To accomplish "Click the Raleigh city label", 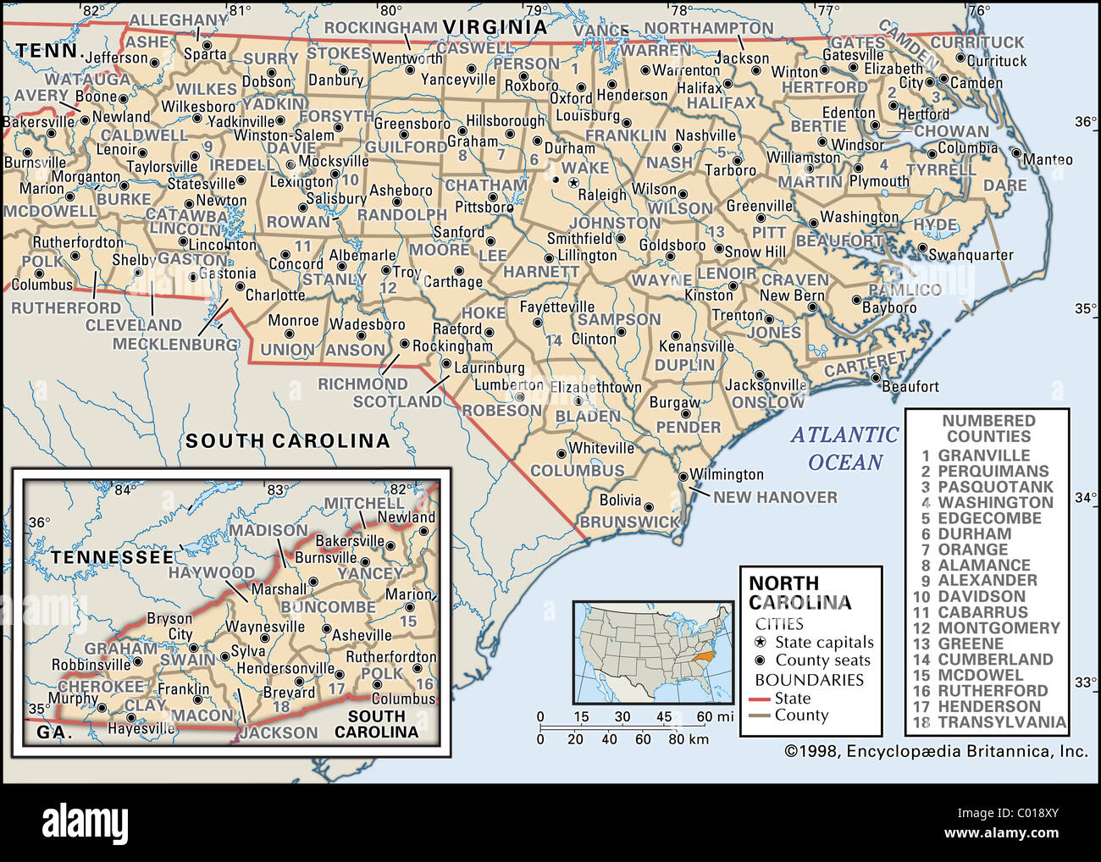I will pyautogui.click(x=602, y=195).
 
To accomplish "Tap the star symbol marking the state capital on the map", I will pyautogui.click(x=573, y=182).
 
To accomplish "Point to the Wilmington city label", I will pyautogui.click(x=726, y=474).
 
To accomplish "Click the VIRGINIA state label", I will pyautogui.click(x=495, y=27).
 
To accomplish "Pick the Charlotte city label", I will pyautogui.click(x=275, y=296).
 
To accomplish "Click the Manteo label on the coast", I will pyautogui.click(x=1048, y=159).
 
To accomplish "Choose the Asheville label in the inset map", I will pyautogui.click(x=362, y=635).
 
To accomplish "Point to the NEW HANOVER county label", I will pyautogui.click(x=775, y=497).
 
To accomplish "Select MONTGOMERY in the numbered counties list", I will pyautogui.click(x=999, y=628).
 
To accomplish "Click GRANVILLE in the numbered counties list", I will pyautogui.click(x=983, y=456).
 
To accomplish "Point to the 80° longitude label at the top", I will pyautogui.click(x=390, y=10).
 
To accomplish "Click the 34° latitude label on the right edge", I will pyautogui.click(x=1086, y=498).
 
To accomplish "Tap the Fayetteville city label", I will pyautogui.click(x=556, y=307).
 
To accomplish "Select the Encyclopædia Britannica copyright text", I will pyautogui.click(x=936, y=751).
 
